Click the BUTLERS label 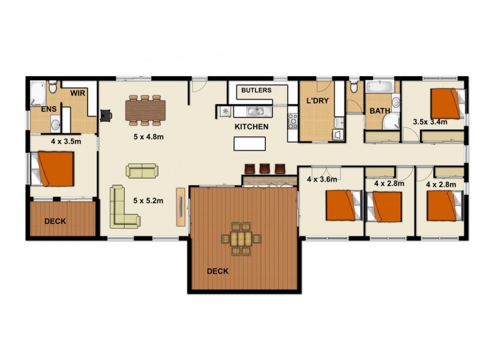(x=256, y=91)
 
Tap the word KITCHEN (x=251, y=127)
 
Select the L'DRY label (x=317, y=101)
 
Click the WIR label (x=77, y=94)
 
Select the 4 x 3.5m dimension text (x=65, y=142)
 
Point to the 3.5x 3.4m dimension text (x=430, y=122)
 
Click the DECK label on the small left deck (x=55, y=221)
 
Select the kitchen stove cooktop (x=293, y=120)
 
